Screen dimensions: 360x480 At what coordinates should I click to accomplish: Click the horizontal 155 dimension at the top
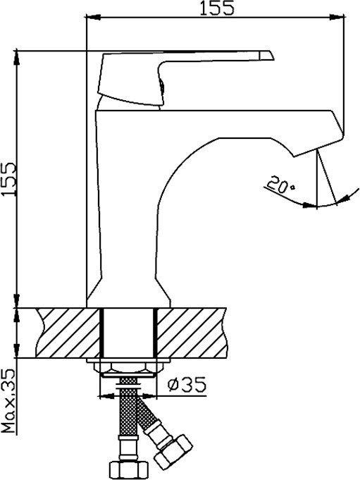pos(216,18)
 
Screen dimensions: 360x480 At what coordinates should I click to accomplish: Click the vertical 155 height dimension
pos(18,179)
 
